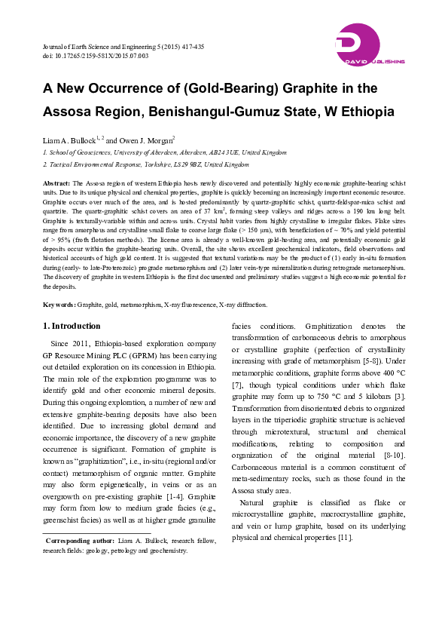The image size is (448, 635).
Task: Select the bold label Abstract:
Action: (x=57, y=183)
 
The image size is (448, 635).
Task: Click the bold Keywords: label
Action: (x=59, y=305)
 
